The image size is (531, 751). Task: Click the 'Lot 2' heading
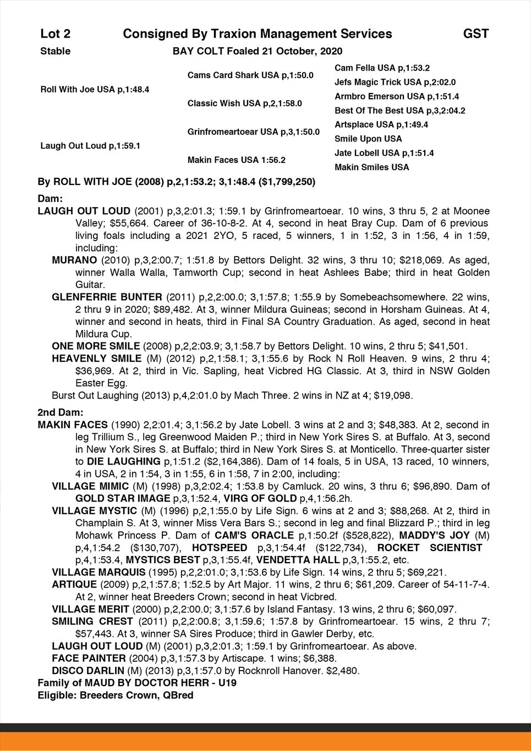(x=56, y=34)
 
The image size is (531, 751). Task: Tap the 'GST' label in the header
(x=475, y=34)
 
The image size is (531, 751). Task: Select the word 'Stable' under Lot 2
(x=56, y=51)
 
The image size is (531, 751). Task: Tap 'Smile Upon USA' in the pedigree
(x=368, y=139)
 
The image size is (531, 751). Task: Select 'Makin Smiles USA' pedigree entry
(x=371, y=167)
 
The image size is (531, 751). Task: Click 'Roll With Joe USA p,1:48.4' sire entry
(x=95, y=89)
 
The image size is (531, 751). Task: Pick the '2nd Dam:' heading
(x=61, y=412)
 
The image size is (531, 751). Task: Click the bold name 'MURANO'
(x=74, y=260)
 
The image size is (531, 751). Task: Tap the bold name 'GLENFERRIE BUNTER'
(x=107, y=297)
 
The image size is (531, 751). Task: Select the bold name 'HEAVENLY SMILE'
(x=96, y=358)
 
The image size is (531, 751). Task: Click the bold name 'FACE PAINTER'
(x=89, y=659)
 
